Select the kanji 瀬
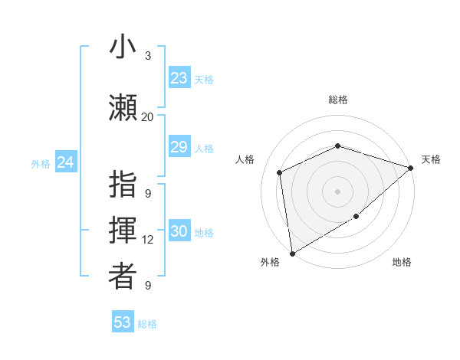[123, 107]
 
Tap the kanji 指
[123, 186]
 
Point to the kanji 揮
[123, 231]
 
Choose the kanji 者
[123, 277]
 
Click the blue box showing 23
[179, 78]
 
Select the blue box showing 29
[179, 147]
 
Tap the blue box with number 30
[179, 232]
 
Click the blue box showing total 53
[123, 322]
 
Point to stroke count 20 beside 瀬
[147, 117]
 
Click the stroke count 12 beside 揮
[147, 240]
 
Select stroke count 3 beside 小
[147, 56]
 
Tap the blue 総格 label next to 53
[147, 324]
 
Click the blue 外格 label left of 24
[41, 163]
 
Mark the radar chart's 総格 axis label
[337, 100]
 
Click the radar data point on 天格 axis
[411, 168]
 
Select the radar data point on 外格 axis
[292, 254]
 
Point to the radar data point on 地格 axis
[356, 217]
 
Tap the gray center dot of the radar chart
[337, 191]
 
